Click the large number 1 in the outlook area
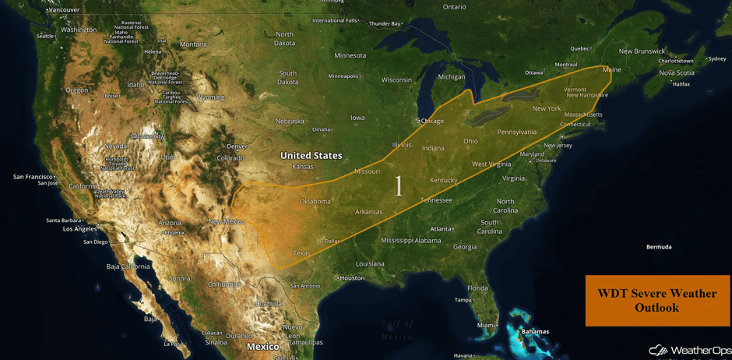click(399, 185)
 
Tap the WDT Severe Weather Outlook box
click(657, 301)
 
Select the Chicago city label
click(431, 121)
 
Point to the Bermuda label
click(658, 247)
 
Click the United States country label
click(311, 156)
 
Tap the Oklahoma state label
click(315, 202)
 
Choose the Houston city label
click(351, 278)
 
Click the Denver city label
click(237, 146)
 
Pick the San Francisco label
click(33, 177)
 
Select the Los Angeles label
click(79, 229)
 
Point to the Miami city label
click(487, 325)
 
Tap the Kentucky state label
click(444, 181)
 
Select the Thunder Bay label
click(385, 23)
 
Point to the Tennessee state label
click(436, 200)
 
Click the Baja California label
click(128, 266)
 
